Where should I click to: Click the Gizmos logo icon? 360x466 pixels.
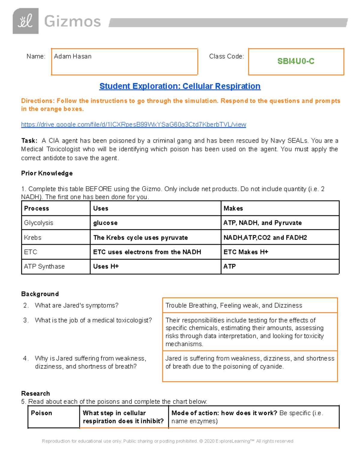click(25, 21)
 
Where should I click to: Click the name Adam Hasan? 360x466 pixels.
click(73, 56)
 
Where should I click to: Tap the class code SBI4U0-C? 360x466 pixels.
click(296, 61)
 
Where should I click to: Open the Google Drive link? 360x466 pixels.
click(133, 125)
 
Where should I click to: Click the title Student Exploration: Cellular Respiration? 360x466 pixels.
click(180, 86)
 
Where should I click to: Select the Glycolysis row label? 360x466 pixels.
click(39, 223)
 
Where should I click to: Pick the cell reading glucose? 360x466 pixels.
click(105, 223)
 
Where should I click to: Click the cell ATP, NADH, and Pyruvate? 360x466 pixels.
click(262, 223)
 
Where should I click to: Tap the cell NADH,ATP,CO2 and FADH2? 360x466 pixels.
click(265, 238)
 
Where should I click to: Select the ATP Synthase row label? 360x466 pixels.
click(44, 266)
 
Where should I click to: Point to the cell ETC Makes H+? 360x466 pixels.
click(246, 252)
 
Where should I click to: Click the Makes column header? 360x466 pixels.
click(233, 208)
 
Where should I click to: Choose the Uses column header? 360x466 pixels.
click(100, 208)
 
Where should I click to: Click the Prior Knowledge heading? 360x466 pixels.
click(47, 173)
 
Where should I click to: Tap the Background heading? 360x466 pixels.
click(40, 294)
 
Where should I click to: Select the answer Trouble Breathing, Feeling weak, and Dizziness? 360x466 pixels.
click(234, 305)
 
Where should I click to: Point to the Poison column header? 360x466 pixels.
click(41, 413)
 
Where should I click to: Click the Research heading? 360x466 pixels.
click(35, 393)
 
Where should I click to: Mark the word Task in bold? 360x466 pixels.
click(28, 141)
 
